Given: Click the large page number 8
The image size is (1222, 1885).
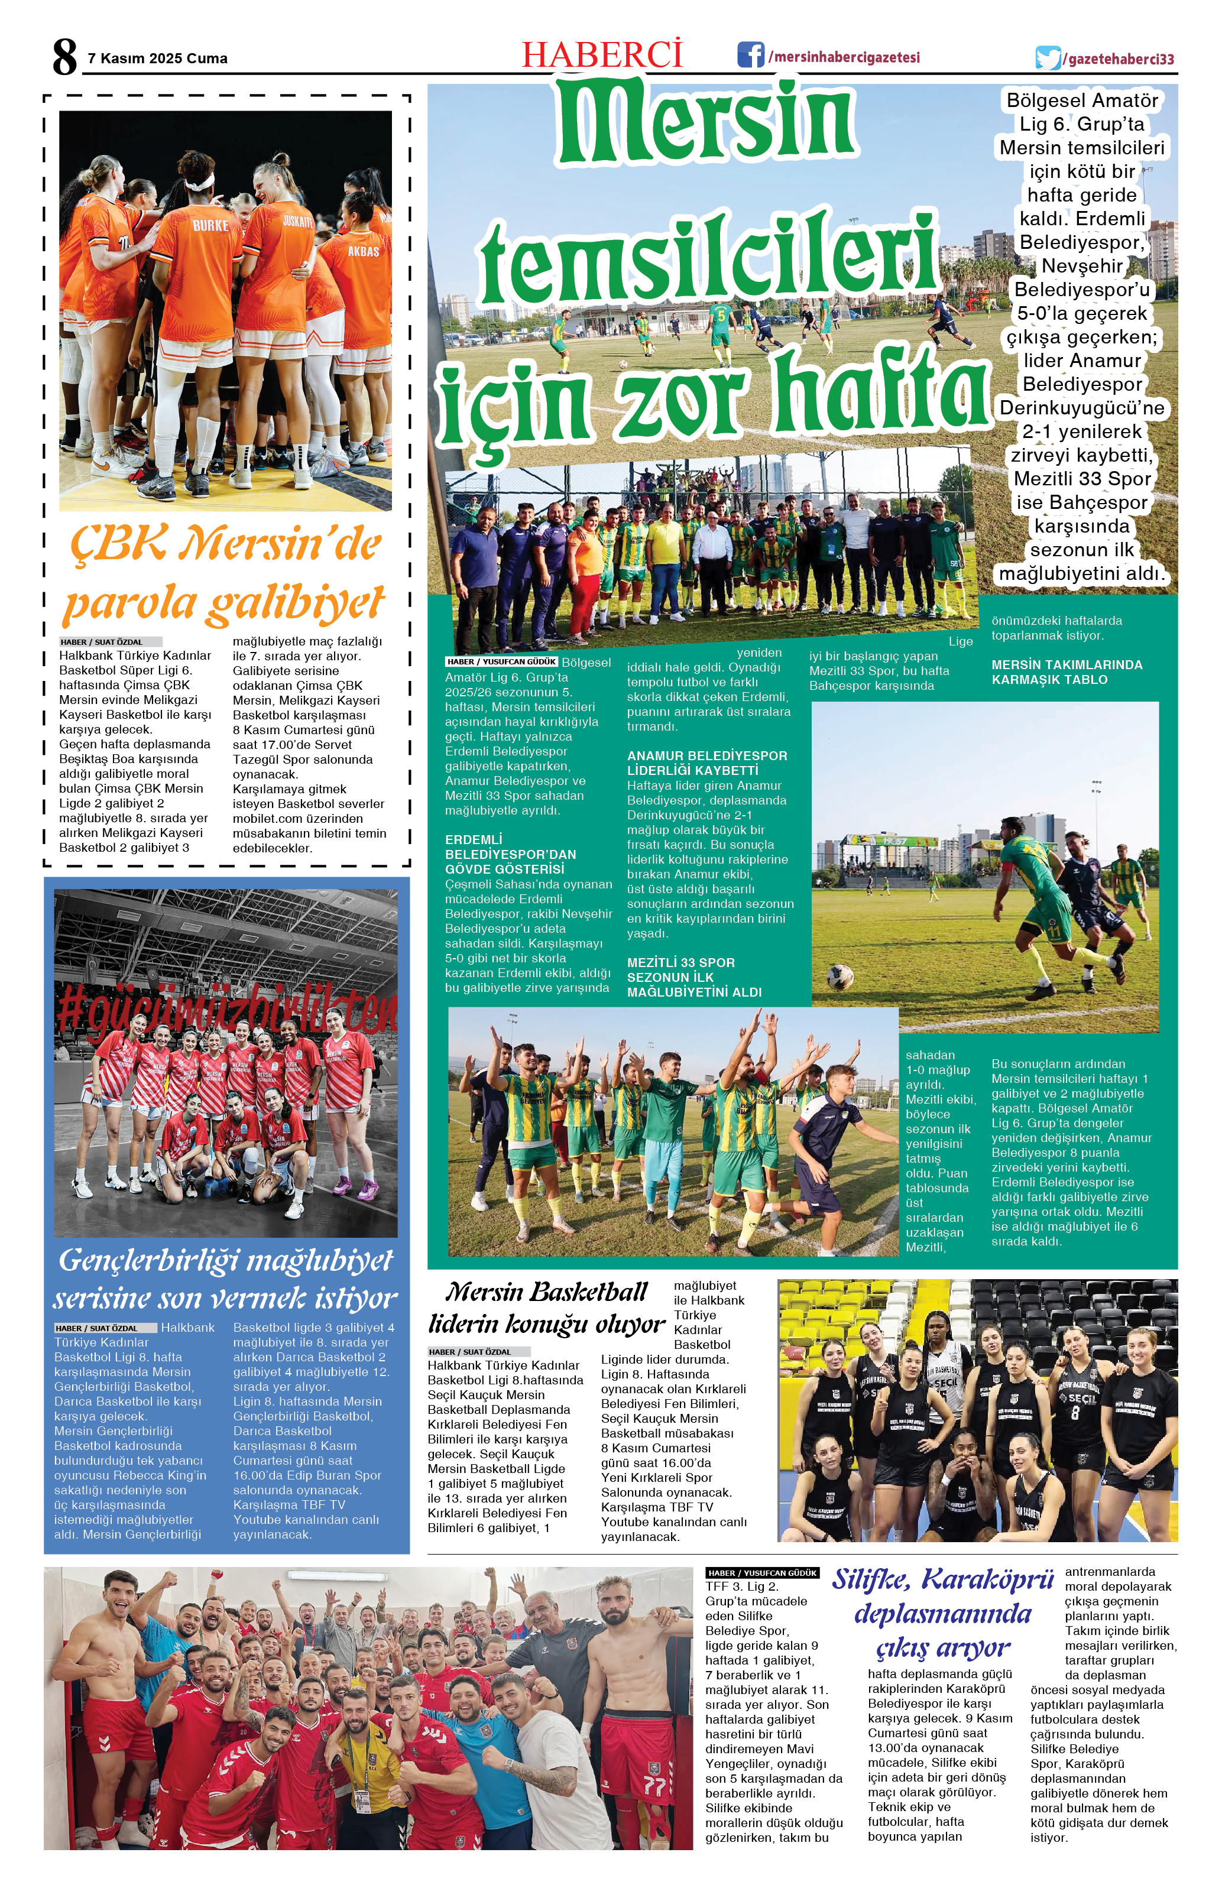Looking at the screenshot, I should point(64,57).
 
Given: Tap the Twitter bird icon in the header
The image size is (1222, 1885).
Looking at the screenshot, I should point(1047,59).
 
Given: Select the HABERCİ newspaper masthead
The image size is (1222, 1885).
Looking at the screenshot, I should point(602,54).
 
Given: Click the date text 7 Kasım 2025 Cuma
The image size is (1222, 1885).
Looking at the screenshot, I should point(158,59).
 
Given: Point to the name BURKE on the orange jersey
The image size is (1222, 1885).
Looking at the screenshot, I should point(210,226).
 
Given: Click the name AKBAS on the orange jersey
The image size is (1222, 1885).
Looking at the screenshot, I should point(364,251).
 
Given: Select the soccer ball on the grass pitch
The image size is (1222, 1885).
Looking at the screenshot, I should point(839,976).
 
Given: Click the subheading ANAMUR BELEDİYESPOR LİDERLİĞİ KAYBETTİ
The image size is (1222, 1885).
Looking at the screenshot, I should point(706,763).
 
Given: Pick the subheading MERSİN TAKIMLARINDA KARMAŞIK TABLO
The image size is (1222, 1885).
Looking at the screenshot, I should point(1066,671).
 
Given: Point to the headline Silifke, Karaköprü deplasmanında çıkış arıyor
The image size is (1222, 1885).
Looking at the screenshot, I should point(942,1613).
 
